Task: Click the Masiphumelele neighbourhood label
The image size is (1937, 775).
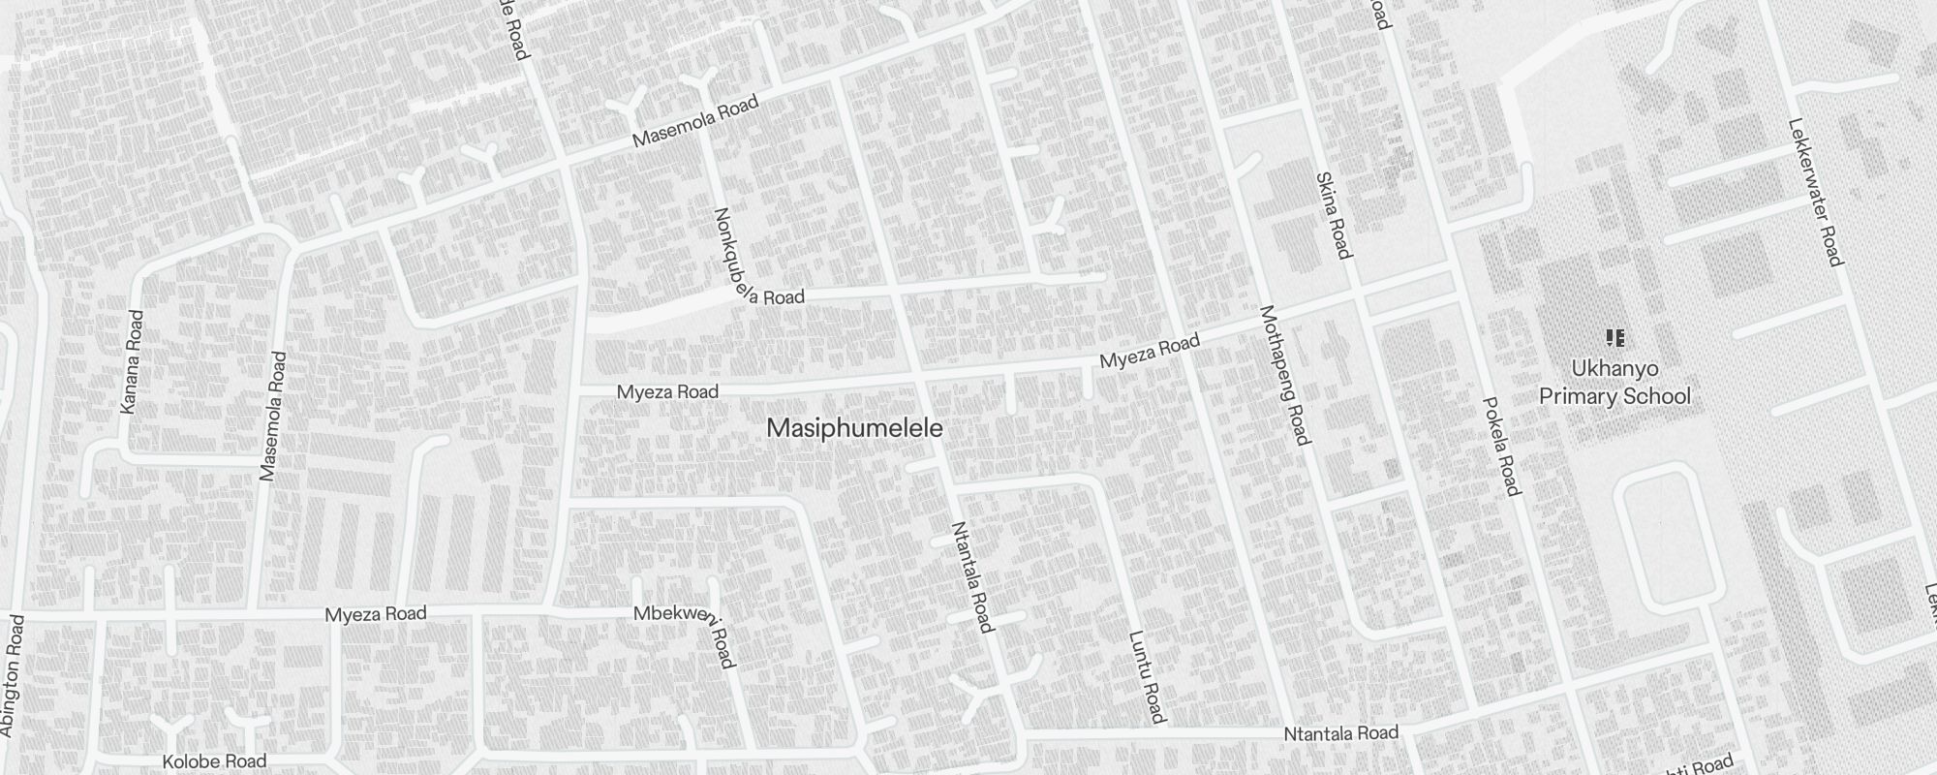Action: (854, 428)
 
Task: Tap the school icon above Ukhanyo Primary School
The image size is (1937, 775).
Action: (1614, 338)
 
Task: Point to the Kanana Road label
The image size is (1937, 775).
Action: (131, 362)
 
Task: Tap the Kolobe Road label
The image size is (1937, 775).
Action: (214, 761)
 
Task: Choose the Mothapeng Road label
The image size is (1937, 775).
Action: (1284, 375)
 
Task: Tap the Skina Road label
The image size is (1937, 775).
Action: (1333, 215)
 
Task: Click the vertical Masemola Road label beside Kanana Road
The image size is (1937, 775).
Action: (272, 417)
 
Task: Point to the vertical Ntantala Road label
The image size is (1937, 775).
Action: (971, 576)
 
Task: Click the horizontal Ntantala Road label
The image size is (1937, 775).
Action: (1340, 734)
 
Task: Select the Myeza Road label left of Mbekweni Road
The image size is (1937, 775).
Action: (375, 614)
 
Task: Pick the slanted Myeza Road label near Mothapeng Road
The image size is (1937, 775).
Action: (1150, 350)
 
